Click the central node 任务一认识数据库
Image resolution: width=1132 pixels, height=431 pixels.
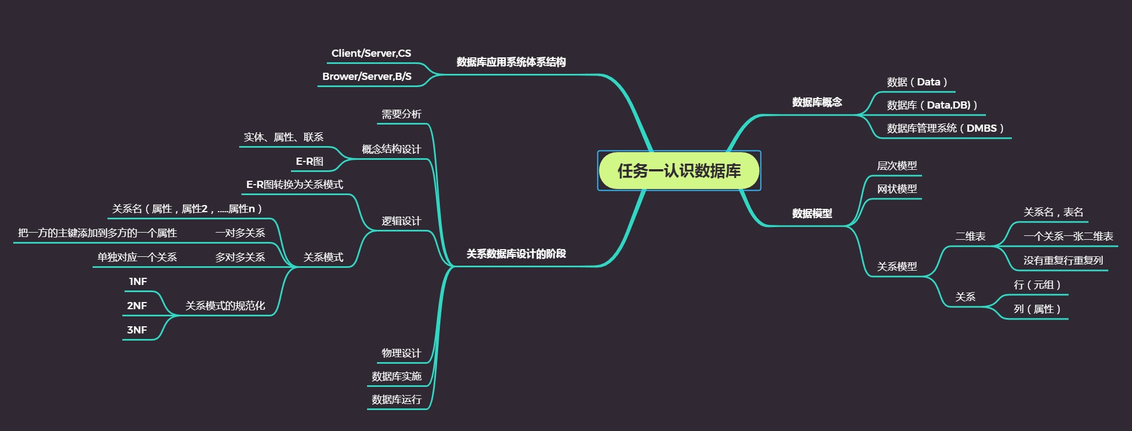click(x=679, y=171)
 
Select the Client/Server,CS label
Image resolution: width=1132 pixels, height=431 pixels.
click(x=371, y=53)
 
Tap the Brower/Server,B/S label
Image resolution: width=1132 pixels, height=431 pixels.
click(x=366, y=77)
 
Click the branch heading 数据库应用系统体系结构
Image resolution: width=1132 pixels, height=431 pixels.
click(x=511, y=62)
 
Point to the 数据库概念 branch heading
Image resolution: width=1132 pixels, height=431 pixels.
click(x=817, y=102)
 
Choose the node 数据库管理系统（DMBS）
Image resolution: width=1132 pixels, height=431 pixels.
click(x=945, y=128)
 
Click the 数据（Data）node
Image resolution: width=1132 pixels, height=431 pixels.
click(x=917, y=82)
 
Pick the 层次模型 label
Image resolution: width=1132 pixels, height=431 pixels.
click(x=897, y=166)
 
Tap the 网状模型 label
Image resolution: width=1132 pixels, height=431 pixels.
click(x=897, y=189)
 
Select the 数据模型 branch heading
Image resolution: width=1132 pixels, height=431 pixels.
click(x=812, y=213)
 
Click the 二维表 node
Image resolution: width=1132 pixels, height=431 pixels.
click(x=970, y=236)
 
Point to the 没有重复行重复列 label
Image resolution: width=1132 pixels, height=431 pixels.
click(x=1063, y=261)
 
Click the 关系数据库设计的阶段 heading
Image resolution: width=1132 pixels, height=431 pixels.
click(x=516, y=254)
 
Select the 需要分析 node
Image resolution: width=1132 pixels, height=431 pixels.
click(x=401, y=114)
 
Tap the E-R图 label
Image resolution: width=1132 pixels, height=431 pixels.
click(x=309, y=161)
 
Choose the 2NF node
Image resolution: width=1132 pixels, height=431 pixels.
click(x=137, y=306)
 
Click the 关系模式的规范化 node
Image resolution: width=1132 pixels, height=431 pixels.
click(x=225, y=306)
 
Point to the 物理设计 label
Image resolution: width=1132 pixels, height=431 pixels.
click(x=401, y=353)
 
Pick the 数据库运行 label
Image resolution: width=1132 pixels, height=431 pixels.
click(x=396, y=400)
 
